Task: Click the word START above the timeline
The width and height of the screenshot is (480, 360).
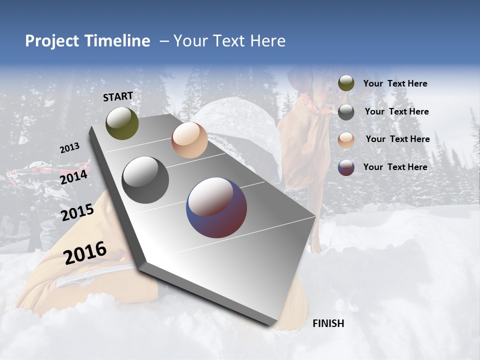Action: click(x=118, y=96)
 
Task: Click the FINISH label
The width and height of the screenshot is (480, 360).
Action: click(x=328, y=323)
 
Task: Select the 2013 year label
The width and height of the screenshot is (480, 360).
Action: click(x=70, y=148)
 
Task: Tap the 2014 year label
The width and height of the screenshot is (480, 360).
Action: click(x=73, y=177)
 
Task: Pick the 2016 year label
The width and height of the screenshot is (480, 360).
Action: click(x=85, y=252)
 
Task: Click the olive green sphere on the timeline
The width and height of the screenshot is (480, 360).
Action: click(x=122, y=123)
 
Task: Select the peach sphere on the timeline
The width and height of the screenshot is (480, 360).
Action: click(x=189, y=140)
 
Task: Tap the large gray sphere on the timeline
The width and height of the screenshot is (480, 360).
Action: click(x=145, y=180)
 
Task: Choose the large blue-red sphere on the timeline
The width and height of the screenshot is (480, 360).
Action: click(x=216, y=207)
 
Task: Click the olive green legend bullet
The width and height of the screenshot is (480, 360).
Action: click(x=346, y=83)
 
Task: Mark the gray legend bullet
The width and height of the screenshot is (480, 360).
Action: click(x=346, y=112)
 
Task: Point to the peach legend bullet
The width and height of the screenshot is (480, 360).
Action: click(x=346, y=140)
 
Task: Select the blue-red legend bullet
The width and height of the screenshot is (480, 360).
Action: click(x=346, y=167)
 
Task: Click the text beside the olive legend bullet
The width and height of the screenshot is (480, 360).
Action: click(x=395, y=84)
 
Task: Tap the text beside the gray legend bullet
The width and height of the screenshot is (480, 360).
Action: click(x=396, y=111)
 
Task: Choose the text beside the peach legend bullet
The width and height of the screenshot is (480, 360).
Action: click(x=397, y=139)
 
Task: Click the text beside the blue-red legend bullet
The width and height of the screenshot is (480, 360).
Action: click(x=395, y=167)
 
